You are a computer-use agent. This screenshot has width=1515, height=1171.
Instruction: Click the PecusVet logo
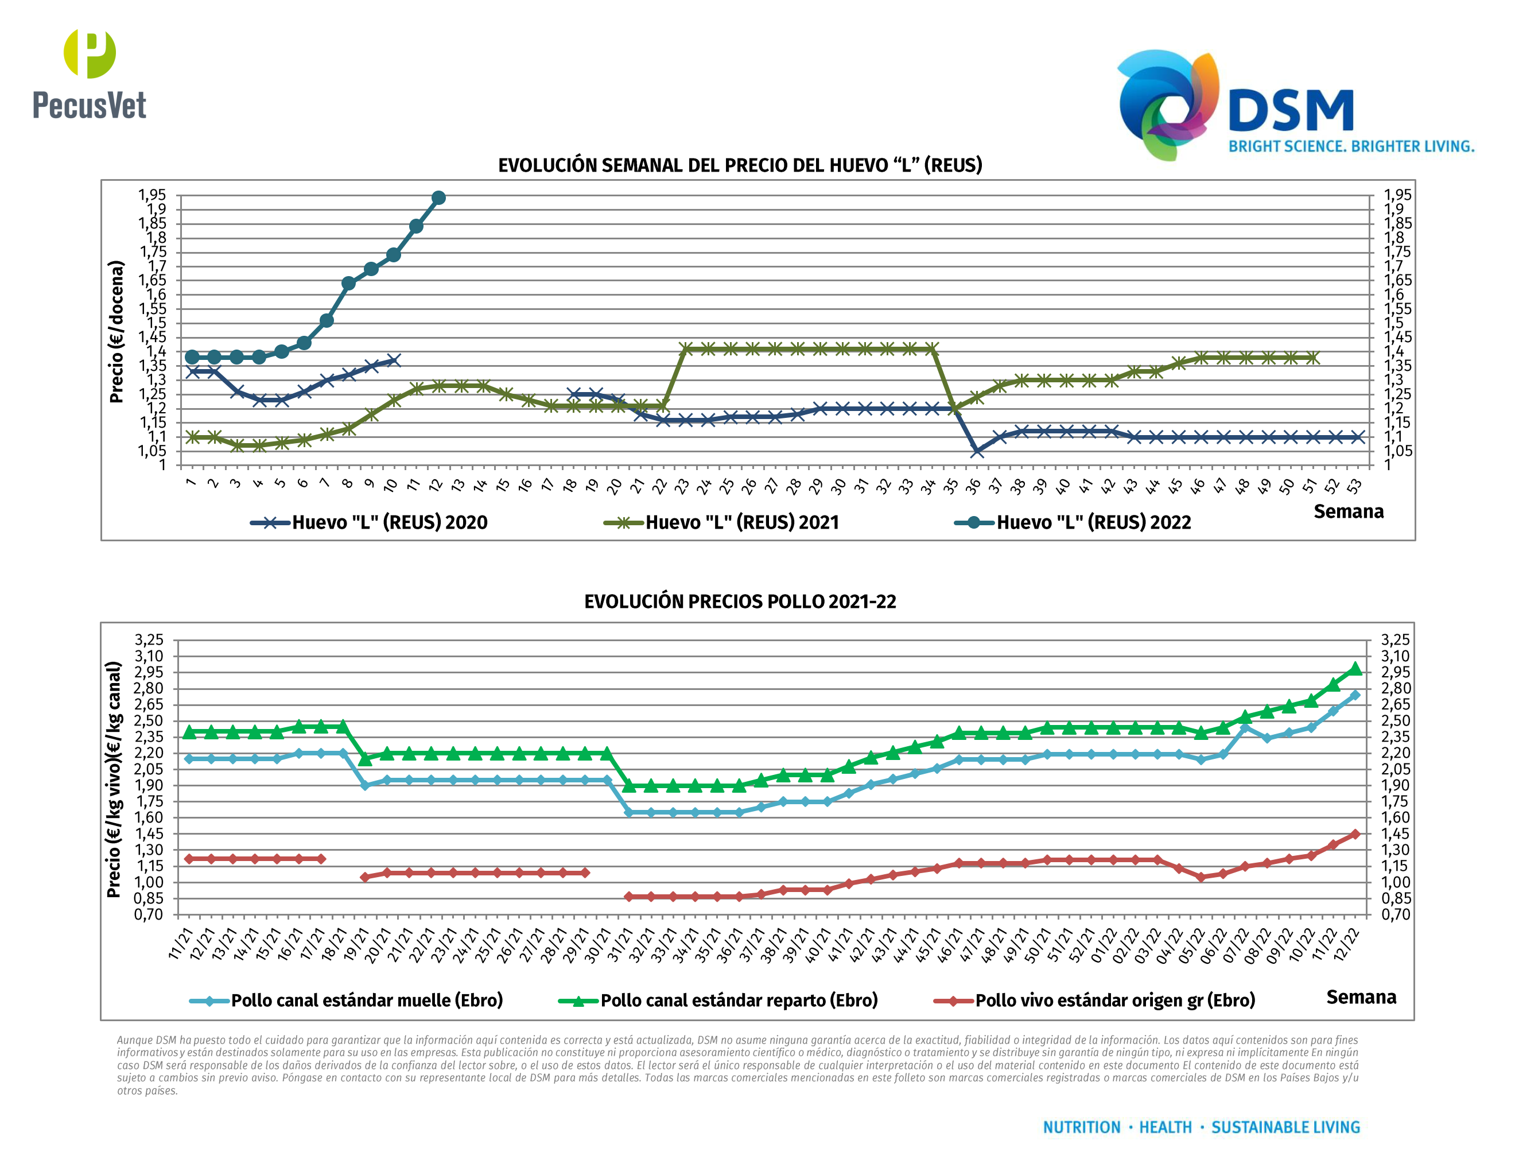coord(90,74)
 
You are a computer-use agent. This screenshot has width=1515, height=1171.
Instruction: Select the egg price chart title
coord(740,165)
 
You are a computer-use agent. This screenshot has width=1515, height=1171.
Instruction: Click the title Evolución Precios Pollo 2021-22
coord(740,602)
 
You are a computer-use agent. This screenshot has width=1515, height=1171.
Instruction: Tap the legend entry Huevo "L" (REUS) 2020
coord(369,522)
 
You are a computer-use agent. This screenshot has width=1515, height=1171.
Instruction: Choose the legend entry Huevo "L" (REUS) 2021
coord(721,522)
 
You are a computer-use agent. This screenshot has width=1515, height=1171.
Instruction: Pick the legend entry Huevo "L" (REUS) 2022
coord(1073,522)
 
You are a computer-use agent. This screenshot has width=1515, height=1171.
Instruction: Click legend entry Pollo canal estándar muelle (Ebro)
coord(346,1001)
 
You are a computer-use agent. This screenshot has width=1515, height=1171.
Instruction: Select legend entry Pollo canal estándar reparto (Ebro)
coord(718,1001)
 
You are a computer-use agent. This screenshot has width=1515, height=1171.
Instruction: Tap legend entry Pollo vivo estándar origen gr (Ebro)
coord(1094,1001)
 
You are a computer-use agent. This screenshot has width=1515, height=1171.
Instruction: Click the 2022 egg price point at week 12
coord(438,197)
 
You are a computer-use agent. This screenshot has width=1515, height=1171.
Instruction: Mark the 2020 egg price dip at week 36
coord(977,452)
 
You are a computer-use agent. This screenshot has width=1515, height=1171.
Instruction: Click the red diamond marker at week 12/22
coord(1355,835)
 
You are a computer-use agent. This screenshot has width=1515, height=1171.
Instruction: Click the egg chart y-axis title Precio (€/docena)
coord(116,332)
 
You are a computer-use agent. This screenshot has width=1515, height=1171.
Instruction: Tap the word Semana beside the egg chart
coord(1348,511)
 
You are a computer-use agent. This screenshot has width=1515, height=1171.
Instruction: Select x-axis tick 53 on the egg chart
coord(1353,486)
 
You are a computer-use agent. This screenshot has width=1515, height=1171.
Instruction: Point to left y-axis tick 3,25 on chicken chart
coord(149,639)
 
